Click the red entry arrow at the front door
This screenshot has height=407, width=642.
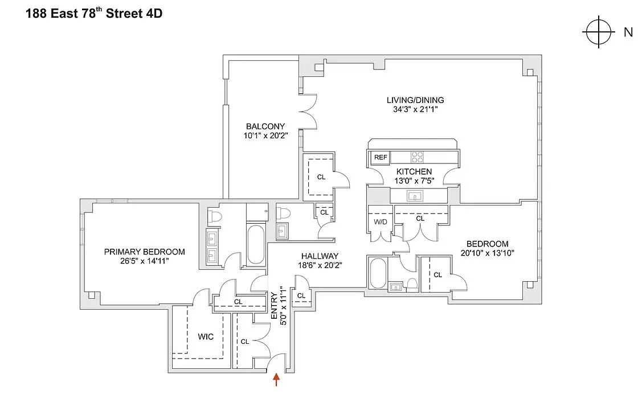(277, 380)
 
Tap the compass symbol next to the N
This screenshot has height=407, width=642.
(598, 32)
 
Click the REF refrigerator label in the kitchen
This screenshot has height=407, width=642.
(380, 158)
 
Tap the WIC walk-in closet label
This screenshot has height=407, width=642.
(206, 337)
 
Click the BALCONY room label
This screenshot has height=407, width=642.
(265, 126)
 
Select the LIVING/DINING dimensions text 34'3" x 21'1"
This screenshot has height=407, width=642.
(415, 110)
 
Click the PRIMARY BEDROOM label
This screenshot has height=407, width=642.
(144, 252)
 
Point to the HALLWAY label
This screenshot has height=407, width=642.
(320, 256)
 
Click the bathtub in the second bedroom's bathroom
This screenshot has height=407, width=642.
(378, 274)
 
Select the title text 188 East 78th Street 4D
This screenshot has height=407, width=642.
(94, 14)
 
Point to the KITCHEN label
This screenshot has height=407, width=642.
(414, 171)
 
